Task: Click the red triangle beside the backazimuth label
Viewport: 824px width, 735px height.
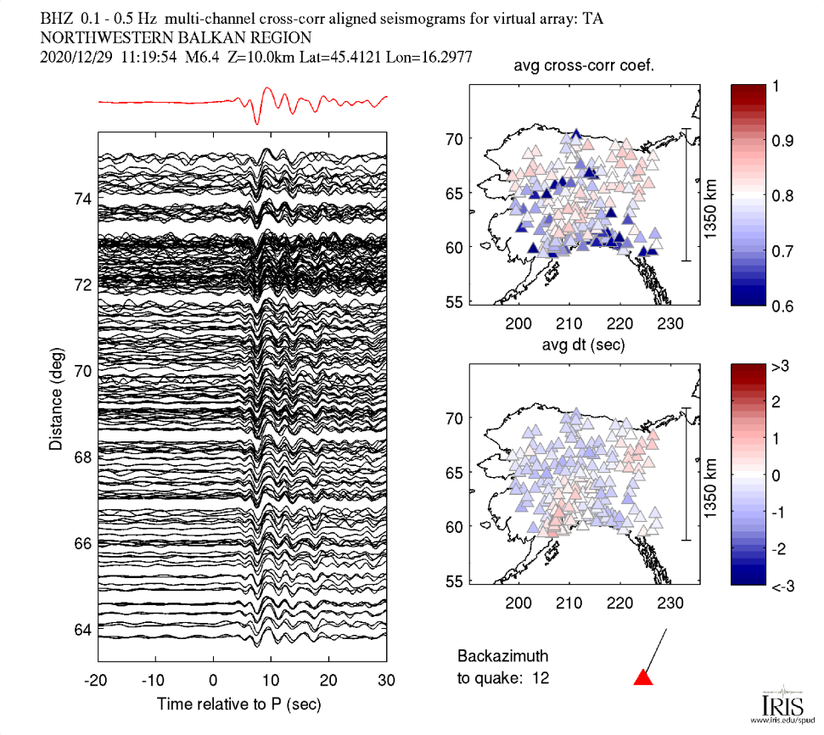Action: click(643, 676)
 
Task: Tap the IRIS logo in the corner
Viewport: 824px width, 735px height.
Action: click(777, 705)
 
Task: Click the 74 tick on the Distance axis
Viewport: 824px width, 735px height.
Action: click(82, 199)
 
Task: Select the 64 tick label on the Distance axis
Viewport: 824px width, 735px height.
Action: click(82, 629)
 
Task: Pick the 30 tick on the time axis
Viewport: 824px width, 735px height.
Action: click(386, 681)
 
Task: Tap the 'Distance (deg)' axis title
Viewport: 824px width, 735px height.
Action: click(55, 398)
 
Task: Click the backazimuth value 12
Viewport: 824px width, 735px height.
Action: click(541, 677)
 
